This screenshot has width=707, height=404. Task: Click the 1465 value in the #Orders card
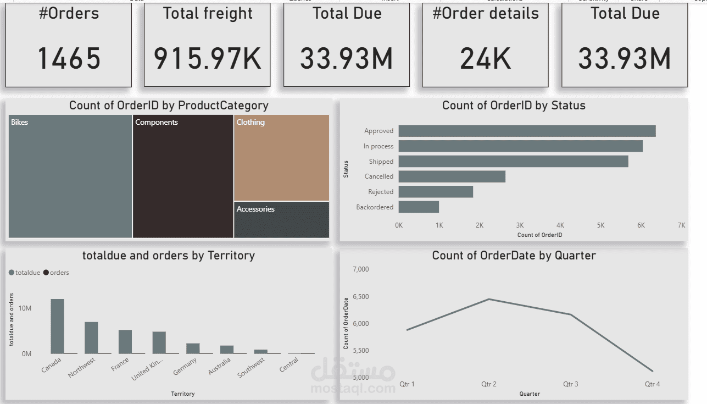pyautogui.click(x=69, y=58)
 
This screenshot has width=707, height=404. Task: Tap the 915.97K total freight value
pyautogui.click(x=207, y=58)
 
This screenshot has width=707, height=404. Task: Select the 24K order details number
pyautogui.click(x=485, y=58)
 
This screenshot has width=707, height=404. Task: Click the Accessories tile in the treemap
pyautogui.click(x=282, y=220)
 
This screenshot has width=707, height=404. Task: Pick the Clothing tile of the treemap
pyautogui.click(x=282, y=158)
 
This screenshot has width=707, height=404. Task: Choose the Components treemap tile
pyautogui.click(x=183, y=176)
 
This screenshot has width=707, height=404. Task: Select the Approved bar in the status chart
pyautogui.click(x=527, y=131)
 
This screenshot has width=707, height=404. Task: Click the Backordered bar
pyautogui.click(x=419, y=207)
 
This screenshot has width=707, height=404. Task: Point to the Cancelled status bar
pyautogui.click(x=452, y=176)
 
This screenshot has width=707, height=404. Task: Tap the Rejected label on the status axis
pyautogui.click(x=381, y=192)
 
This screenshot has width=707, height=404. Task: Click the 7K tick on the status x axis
pyautogui.click(x=681, y=225)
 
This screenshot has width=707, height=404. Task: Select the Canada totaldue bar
pyautogui.click(x=58, y=326)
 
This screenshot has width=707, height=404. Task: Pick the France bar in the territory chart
pyautogui.click(x=125, y=341)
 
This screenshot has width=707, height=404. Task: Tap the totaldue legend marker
pyautogui.click(x=12, y=273)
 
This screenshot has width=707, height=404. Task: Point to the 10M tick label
pyautogui.click(x=25, y=308)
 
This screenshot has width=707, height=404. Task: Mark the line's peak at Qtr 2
pyautogui.click(x=489, y=299)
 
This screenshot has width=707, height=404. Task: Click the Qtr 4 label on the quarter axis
pyautogui.click(x=652, y=384)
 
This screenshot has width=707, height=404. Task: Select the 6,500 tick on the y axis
pyautogui.click(x=360, y=297)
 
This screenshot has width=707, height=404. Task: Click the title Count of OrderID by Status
pyautogui.click(x=514, y=106)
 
